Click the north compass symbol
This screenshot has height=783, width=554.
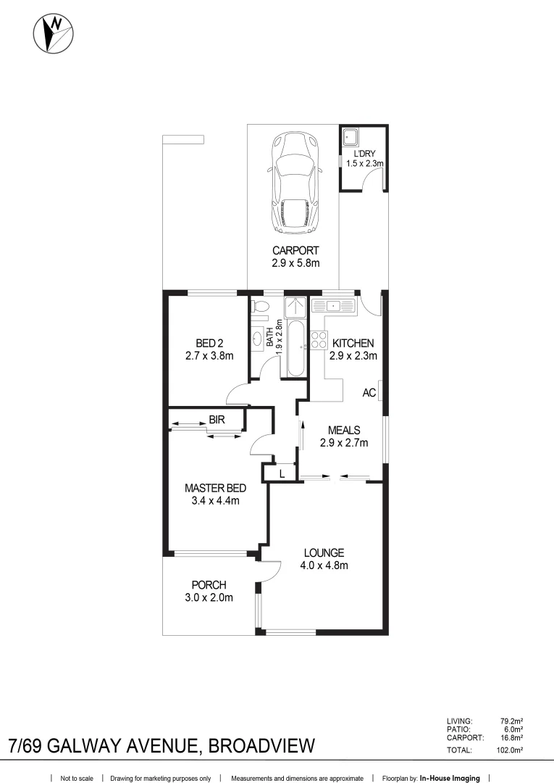pyautogui.click(x=54, y=33)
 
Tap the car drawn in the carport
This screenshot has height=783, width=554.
pyautogui.click(x=294, y=183)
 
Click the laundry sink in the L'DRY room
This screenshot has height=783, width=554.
pyautogui.click(x=351, y=137)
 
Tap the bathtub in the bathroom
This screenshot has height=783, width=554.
pyautogui.click(x=295, y=350)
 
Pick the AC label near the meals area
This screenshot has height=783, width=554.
pyautogui.click(x=369, y=393)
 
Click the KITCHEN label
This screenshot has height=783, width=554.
pyautogui.click(x=353, y=343)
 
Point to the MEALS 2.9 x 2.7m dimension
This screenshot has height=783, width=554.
pyautogui.click(x=344, y=443)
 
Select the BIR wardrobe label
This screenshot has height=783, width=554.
pyautogui.click(x=216, y=419)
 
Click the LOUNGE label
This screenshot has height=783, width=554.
pyautogui.click(x=324, y=552)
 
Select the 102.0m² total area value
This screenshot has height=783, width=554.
pyautogui.click(x=510, y=751)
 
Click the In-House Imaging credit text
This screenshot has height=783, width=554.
pyautogui.click(x=449, y=778)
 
